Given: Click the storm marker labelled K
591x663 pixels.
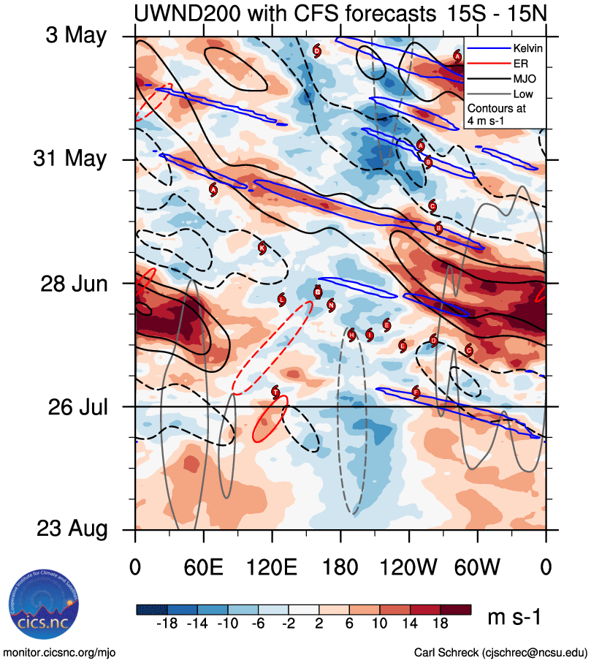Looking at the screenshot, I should (x=262, y=247).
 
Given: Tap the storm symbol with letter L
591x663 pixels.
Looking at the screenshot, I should (x=282, y=300).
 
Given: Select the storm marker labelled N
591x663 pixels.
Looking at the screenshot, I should (x=331, y=305).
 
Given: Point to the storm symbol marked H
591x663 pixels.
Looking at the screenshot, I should (x=352, y=335).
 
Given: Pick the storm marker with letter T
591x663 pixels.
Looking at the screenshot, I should (x=275, y=392).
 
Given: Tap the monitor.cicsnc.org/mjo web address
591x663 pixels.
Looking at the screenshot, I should (x=60, y=652).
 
